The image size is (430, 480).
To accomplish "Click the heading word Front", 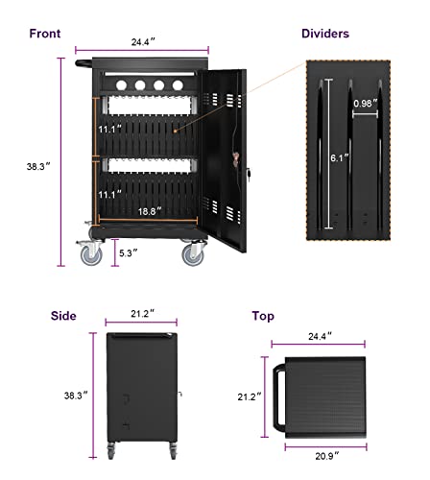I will tap(44, 34).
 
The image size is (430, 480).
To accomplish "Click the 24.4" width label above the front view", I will tap(147, 41).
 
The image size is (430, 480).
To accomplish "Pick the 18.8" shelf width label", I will tap(147, 210).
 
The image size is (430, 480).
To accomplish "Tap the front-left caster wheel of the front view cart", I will tap(90, 253).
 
